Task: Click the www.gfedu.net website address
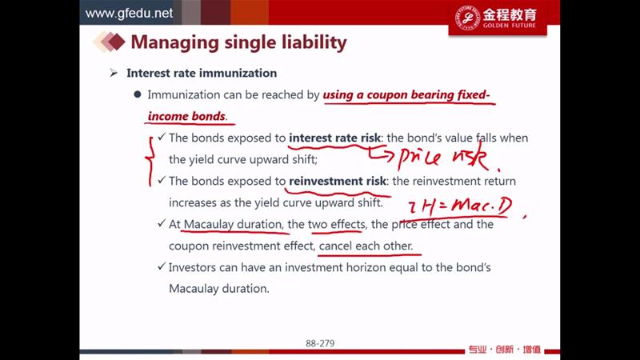[x=129, y=13]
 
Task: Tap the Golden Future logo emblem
[x=467, y=18]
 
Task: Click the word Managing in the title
[x=174, y=43]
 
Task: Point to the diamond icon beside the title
[x=110, y=42]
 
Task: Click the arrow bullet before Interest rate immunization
[x=114, y=73]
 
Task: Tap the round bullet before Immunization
[x=138, y=94]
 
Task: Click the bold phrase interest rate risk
[x=334, y=138]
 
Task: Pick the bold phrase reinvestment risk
[x=338, y=181]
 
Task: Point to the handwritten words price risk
[x=443, y=157]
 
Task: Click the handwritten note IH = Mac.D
[x=461, y=206]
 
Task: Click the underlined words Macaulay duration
[x=233, y=224]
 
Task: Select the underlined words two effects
[x=336, y=224]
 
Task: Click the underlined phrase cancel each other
[x=366, y=246]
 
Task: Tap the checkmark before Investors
[x=162, y=266]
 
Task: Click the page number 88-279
[x=320, y=343]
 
